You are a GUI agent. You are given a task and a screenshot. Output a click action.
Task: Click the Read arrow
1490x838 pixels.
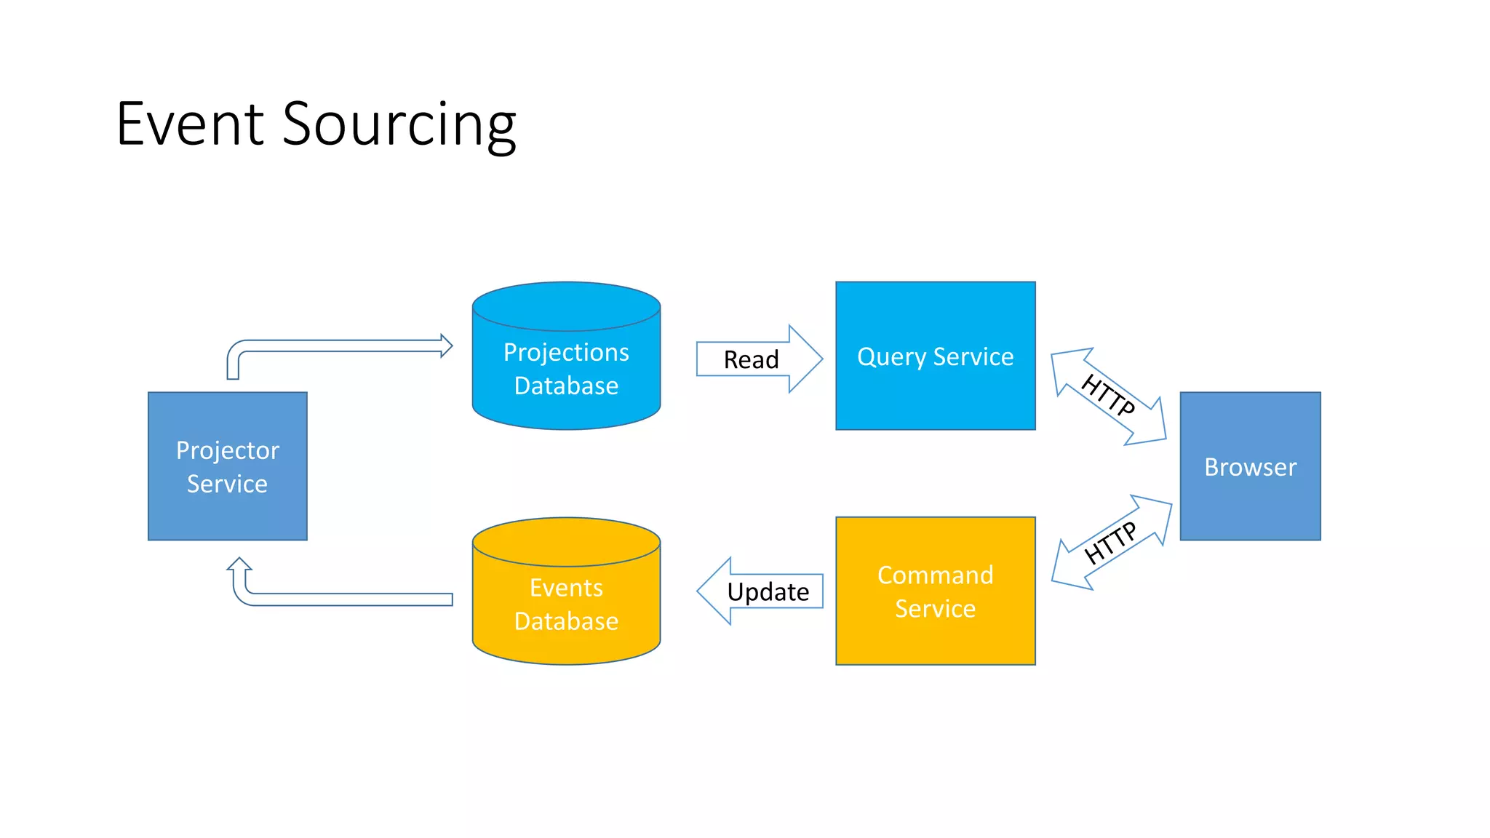pyautogui.click(x=752, y=359)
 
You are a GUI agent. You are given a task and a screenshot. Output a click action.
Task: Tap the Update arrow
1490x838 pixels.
pyautogui.click(x=767, y=591)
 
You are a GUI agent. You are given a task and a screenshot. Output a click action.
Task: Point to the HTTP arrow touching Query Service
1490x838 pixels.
pyautogui.click(x=1108, y=396)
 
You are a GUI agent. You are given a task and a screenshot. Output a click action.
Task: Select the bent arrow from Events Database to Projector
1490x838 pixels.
pyautogui.click(x=342, y=599)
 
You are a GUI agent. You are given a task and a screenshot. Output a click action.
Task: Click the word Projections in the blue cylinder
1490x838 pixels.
pyautogui.click(x=566, y=352)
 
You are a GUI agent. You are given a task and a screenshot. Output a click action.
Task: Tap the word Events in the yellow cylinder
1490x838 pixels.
pyautogui.click(x=566, y=588)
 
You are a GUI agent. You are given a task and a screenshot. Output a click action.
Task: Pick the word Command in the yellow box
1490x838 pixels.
pyautogui.click(x=935, y=575)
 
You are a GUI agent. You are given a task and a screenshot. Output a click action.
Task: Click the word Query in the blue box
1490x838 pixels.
pyautogui.click(x=892, y=357)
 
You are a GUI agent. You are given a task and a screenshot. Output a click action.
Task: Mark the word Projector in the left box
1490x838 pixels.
pyautogui.click(x=227, y=450)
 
